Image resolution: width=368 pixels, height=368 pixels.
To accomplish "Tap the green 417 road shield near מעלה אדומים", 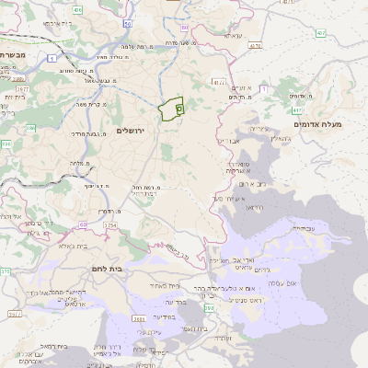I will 321,33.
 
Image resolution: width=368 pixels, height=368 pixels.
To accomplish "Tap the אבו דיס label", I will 228,141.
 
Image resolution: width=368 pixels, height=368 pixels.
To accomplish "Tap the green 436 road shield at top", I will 77,10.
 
